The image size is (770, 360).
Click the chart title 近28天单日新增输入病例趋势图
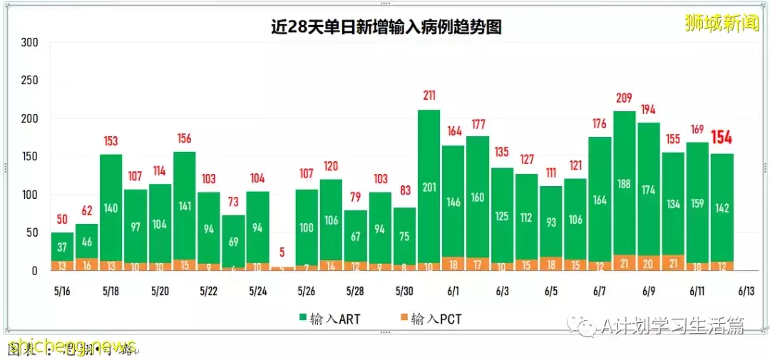click(x=386, y=28)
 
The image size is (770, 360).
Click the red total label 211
click(x=428, y=96)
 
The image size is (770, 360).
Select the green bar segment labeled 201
click(x=428, y=187)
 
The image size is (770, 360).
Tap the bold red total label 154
click(x=722, y=138)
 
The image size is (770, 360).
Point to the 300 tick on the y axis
click(x=29, y=43)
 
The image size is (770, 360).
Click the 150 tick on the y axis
click(x=29, y=157)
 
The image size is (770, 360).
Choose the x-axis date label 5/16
click(x=61, y=292)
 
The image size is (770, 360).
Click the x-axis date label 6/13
click(x=746, y=292)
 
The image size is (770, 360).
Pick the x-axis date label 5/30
click(x=404, y=292)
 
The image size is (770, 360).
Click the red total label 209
click(x=624, y=98)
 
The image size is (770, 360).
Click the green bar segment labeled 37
click(x=62, y=247)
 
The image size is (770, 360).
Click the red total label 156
click(x=184, y=138)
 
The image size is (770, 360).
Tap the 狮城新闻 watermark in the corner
click(x=722, y=24)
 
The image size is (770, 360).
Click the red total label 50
click(x=62, y=219)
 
